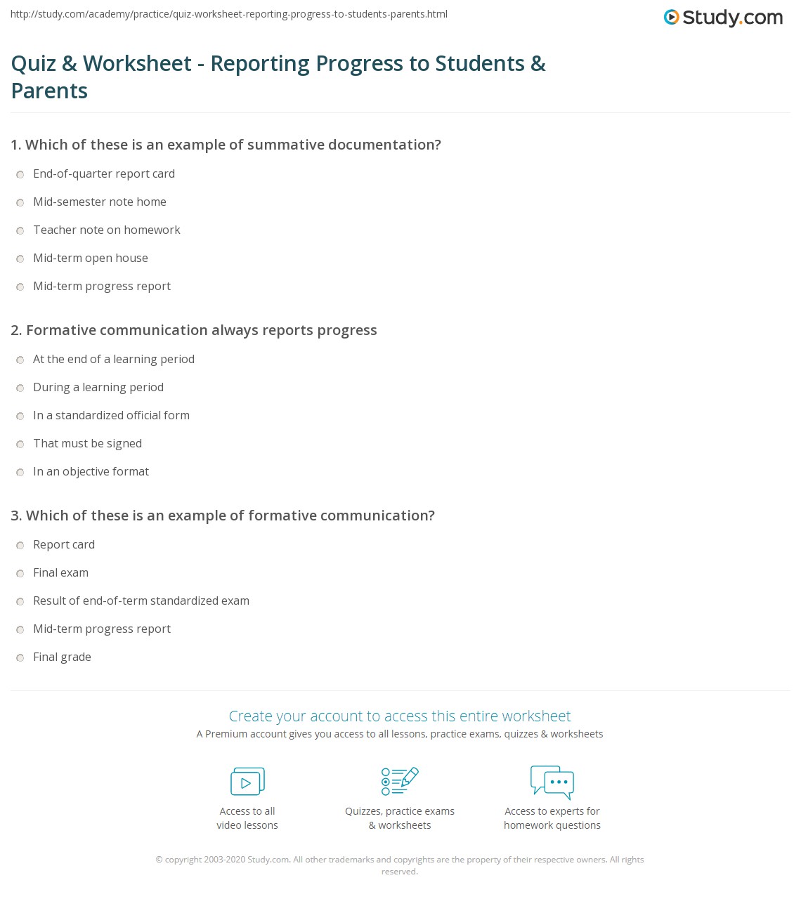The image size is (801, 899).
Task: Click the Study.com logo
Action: (723, 18)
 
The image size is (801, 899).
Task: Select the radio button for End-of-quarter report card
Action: (20, 175)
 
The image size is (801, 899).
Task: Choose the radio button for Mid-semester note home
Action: (20, 203)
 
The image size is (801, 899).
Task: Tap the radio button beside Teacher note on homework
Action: (20, 231)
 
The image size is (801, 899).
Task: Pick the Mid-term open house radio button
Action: (20, 259)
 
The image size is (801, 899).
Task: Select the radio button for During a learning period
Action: (20, 388)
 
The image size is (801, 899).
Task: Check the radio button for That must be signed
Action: (20, 445)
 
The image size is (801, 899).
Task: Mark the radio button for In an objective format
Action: (20, 473)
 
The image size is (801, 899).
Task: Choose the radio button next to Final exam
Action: (20, 574)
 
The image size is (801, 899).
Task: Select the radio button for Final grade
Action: (20, 658)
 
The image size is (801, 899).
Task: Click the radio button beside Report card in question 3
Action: (20, 546)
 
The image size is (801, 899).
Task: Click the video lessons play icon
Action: (247, 782)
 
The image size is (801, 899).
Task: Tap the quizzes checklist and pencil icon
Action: (400, 782)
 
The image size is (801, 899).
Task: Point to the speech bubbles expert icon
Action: (552, 782)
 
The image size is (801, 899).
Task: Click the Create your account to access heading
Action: (400, 716)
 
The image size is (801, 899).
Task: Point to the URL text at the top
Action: (229, 14)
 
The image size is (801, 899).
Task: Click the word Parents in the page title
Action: (49, 91)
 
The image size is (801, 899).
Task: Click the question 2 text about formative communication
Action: (194, 330)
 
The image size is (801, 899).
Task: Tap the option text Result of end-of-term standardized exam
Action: (141, 601)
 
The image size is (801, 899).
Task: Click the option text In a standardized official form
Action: (111, 415)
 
